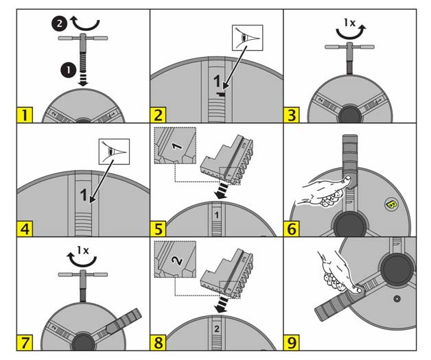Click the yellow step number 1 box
point(24,114)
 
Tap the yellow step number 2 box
point(159,114)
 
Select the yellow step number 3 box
point(292,114)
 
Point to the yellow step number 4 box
point(24,228)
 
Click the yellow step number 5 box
point(159,228)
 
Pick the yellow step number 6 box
point(292,228)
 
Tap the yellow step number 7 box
point(24,342)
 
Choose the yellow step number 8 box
point(159,342)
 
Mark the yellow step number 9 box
point(292,342)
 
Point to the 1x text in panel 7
point(82,250)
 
